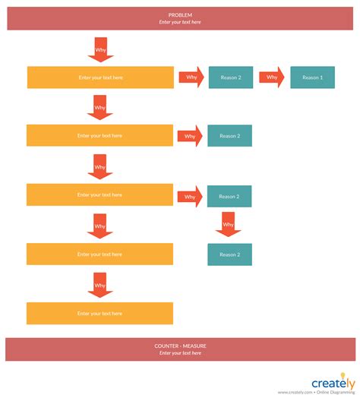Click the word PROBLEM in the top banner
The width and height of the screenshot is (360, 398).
click(x=180, y=14)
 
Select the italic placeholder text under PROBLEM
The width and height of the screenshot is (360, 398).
click(x=180, y=22)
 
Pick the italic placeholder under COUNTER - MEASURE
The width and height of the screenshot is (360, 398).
click(x=180, y=353)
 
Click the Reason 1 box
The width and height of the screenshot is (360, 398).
click(x=312, y=77)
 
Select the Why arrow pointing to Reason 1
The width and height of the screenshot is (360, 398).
click(x=272, y=77)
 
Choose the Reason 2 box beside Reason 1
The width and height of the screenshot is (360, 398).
click(x=231, y=77)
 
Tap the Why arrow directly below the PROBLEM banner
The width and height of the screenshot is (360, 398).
click(x=100, y=49)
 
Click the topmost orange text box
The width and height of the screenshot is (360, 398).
click(x=100, y=77)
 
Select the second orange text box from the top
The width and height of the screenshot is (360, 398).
click(x=99, y=136)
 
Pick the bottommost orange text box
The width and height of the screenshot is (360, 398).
click(x=99, y=313)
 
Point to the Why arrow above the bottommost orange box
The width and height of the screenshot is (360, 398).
click(x=99, y=285)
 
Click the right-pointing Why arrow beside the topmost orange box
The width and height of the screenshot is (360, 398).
click(x=191, y=77)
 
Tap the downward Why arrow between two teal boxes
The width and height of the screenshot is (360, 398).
click(x=228, y=224)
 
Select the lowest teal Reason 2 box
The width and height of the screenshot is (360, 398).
click(x=229, y=254)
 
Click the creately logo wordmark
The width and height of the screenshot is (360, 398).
click(x=330, y=382)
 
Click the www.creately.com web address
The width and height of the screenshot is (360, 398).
click(x=295, y=393)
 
